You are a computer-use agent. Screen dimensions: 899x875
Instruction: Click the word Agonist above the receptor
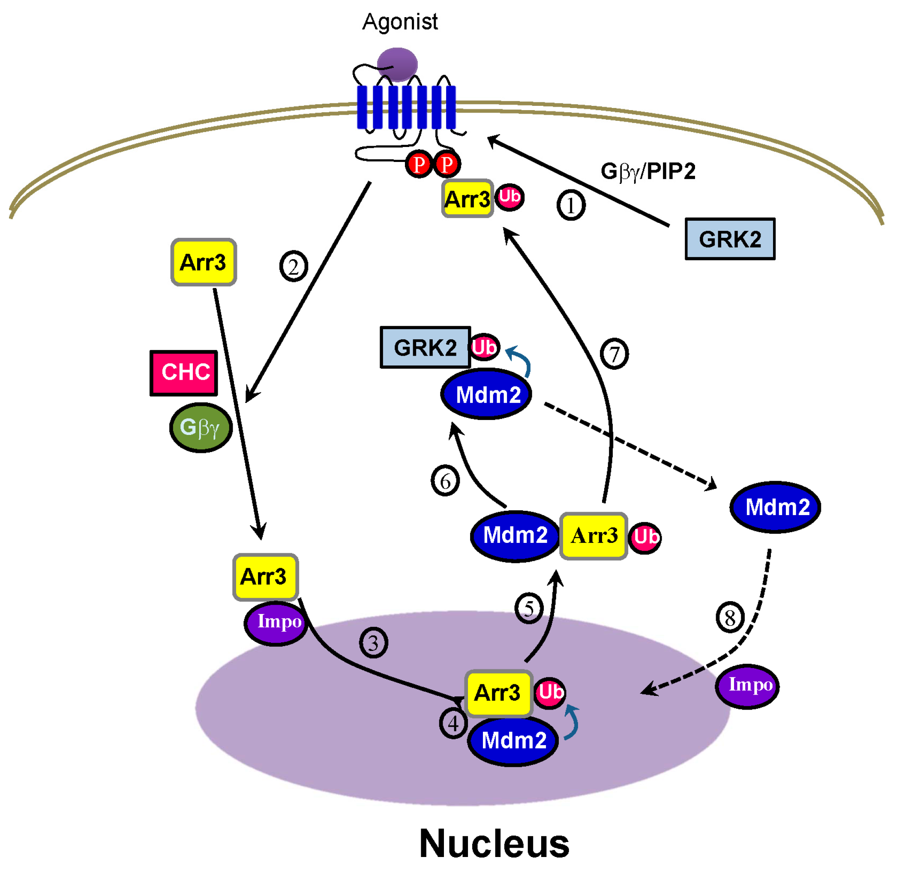pyautogui.click(x=400, y=22)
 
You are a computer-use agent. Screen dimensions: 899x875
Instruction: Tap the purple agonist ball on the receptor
pyautogui.click(x=398, y=64)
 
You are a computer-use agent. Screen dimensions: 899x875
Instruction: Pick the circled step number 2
pyautogui.click(x=294, y=266)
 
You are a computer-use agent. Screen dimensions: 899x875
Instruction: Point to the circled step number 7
pyautogui.click(x=614, y=354)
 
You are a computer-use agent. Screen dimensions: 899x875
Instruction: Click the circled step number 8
pyautogui.click(x=730, y=618)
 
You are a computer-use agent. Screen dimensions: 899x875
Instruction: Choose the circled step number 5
pyautogui.click(x=528, y=609)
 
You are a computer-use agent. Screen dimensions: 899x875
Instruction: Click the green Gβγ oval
pyautogui.click(x=201, y=428)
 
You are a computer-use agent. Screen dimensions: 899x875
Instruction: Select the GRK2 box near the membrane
pyautogui.click(x=730, y=239)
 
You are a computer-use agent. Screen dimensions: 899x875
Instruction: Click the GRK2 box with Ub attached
pyautogui.click(x=425, y=348)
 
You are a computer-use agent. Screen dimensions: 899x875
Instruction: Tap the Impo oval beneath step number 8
pyautogui.click(x=747, y=686)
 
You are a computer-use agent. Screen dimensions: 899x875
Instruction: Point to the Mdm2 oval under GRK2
pyautogui.click(x=486, y=394)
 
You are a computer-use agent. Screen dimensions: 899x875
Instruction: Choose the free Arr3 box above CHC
pyautogui.click(x=204, y=262)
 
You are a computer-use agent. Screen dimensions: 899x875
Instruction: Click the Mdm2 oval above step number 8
pyautogui.click(x=775, y=507)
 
